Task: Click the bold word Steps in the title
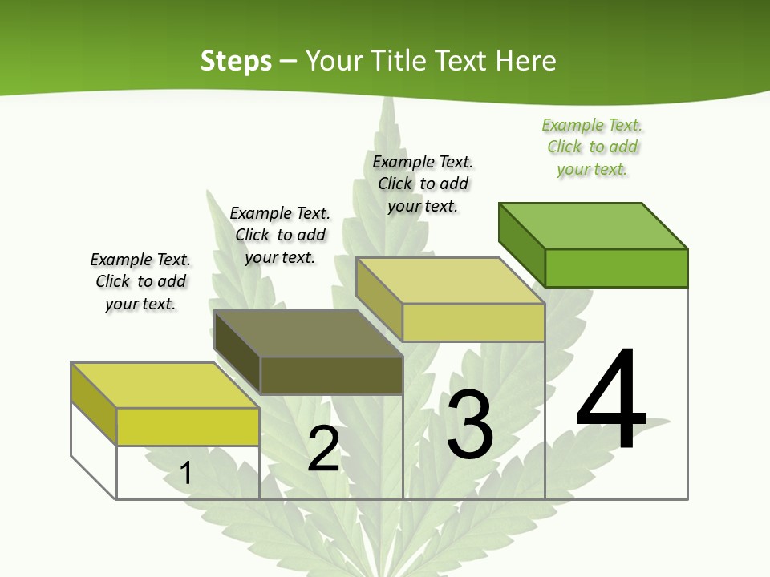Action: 236,61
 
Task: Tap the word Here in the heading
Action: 525,61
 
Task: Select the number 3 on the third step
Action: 469,424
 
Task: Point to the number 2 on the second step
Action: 323,449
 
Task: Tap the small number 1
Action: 185,473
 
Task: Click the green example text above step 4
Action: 592,147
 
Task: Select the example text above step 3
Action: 423,184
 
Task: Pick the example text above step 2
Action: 280,235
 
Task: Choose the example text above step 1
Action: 140,281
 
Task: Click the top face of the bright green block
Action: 594,225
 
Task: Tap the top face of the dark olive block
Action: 309,333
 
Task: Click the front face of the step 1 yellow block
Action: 188,426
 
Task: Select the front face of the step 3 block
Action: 473,322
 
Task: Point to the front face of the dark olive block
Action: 331,375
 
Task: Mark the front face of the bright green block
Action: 616,268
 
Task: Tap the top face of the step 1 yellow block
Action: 165,385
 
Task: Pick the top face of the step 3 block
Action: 451,280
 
